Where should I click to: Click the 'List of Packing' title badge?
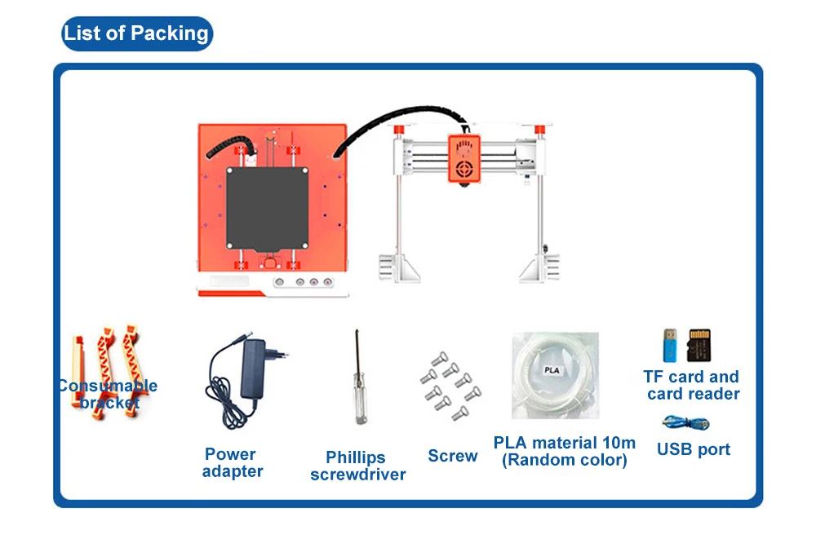[137, 33]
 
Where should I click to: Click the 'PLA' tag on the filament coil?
[552, 369]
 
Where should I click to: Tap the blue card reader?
[668, 346]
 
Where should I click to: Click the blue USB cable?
[686, 422]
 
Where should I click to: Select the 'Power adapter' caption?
[233, 462]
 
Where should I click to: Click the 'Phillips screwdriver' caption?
[357, 466]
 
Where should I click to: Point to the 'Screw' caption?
[452, 456]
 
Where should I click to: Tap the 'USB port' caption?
[693, 449]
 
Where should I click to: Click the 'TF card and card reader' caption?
[692, 385]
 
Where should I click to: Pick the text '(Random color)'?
[565, 460]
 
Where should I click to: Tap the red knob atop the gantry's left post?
[400, 130]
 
